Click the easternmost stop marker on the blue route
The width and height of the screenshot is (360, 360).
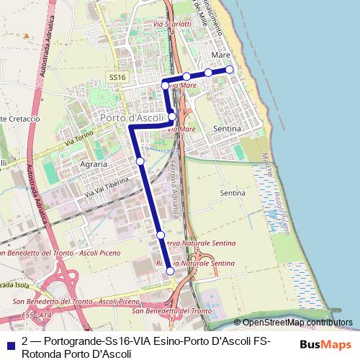pyautogui.click(x=230, y=69)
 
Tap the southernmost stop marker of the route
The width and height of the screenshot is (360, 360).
pyautogui.click(x=170, y=271)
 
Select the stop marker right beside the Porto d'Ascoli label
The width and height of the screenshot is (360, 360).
pyautogui.click(x=172, y=117)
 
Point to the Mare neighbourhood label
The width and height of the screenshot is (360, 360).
pyautogui.click(x=221, y=55)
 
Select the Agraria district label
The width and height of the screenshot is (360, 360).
pyautogui.click(x=94, y=163)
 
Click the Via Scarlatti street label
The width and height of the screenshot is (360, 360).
pyautogui.click(x=166, y=24)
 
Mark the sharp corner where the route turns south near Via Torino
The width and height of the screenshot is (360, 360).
pyautogui.click(x=131, y=127)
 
